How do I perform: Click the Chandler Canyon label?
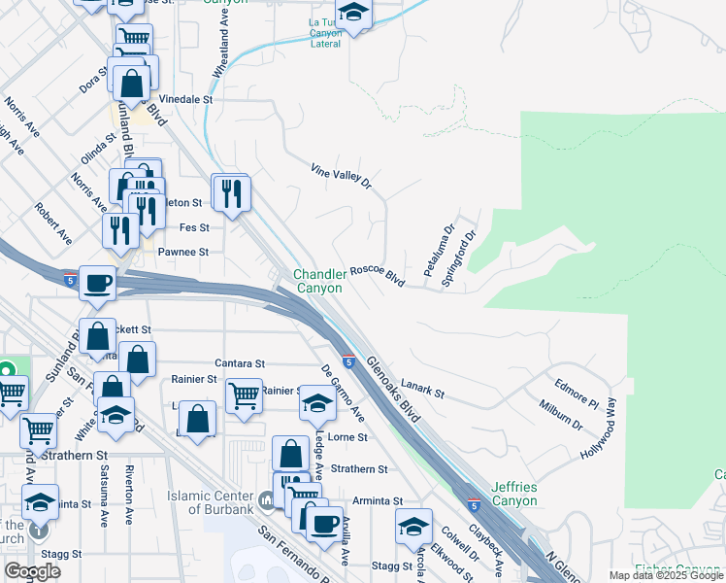click(319, 281)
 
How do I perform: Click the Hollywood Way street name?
click(599, 427)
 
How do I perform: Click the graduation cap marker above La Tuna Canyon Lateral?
click(354, 13)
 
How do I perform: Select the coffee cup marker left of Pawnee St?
click(97, 283)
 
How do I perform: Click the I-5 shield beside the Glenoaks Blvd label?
click(346, 360)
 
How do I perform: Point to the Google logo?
click(32, 571)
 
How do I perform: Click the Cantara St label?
click(242, 361)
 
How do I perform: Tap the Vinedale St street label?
click(185, 99)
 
